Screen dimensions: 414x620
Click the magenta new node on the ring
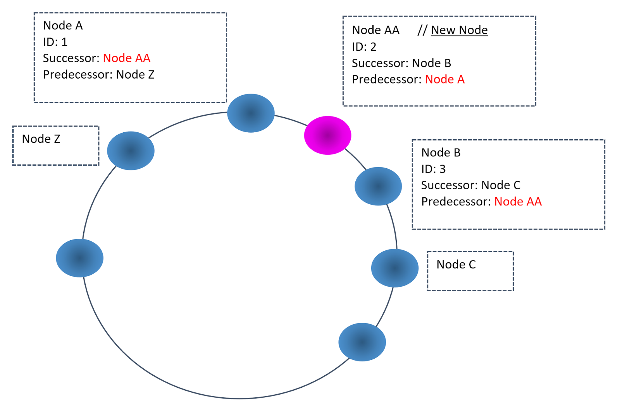point(327,135)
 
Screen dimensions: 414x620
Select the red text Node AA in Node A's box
point(126,58)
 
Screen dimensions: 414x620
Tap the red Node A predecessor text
point(444,79)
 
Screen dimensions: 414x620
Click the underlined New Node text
point(459,30)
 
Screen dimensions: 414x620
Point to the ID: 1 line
point(55,42)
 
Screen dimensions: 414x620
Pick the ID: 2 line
point(364,47)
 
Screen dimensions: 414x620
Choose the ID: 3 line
point(433,169)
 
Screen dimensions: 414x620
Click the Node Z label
point(41,139)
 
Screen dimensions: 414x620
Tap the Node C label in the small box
point(456,265)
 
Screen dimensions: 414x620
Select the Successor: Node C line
point(470,185)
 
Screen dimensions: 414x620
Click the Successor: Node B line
point(401,63)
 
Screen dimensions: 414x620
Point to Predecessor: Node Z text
point(98,74)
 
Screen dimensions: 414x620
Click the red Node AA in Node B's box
point(518,202)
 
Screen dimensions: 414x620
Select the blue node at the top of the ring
point(251,113)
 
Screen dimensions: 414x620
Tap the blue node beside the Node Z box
point(131,151)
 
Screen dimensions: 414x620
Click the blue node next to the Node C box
point(394,268)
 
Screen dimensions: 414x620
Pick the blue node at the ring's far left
point(79,258)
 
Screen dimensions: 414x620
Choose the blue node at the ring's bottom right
point(362,342)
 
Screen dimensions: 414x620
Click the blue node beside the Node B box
point(378,186)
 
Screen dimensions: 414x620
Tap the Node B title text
point(441,152)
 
